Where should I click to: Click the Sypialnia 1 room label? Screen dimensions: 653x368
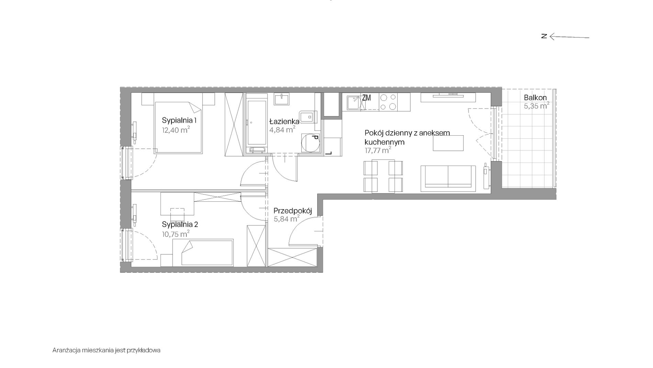[179, 121]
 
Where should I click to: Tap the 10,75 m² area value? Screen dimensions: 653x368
[176, 234]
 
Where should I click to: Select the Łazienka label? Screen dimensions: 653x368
[284, 121]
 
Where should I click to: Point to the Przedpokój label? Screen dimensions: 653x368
[292, 211]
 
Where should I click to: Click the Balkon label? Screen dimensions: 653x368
[535, 98]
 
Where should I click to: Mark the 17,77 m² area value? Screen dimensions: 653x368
[378, 150]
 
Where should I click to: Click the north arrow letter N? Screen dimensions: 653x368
[544, 36]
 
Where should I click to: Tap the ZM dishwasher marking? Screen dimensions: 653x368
[366, 98]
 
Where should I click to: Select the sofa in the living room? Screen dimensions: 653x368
[448, 179]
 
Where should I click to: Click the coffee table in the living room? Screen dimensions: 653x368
[448, 143]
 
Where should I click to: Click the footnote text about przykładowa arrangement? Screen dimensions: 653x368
[107, 350]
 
